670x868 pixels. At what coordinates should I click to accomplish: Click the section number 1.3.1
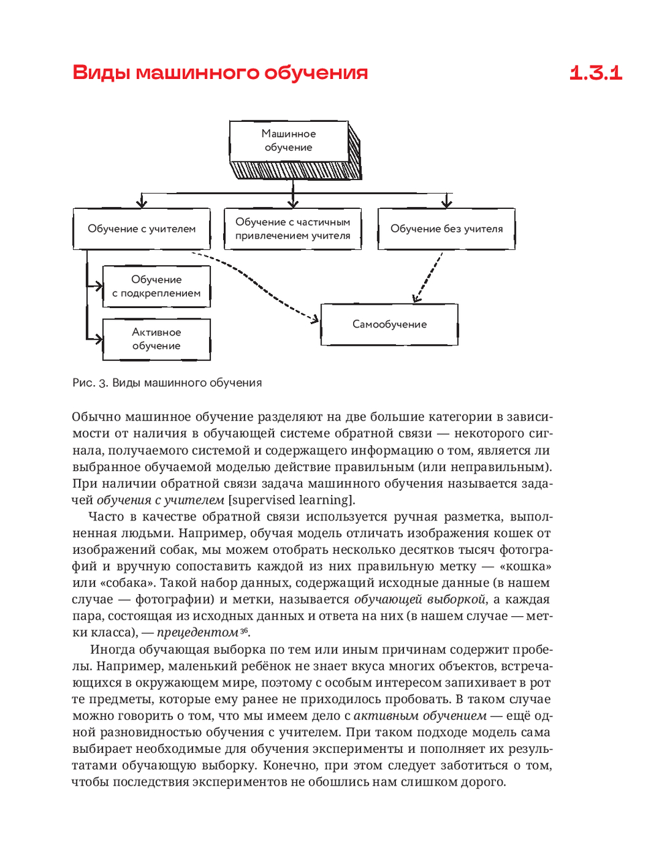[596, 72]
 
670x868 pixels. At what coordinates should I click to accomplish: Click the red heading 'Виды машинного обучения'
[220, 72]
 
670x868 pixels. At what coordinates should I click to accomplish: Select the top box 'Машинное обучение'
[289, 141]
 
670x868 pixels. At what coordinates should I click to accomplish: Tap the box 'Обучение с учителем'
[141, 229]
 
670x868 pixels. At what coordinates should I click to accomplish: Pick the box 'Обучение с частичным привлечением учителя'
[293, 229]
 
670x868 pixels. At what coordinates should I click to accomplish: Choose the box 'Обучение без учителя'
[446, 229]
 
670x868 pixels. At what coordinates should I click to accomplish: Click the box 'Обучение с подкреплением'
[156, 287]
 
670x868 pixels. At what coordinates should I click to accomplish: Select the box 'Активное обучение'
[156, 339]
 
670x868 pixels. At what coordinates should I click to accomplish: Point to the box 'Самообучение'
[389, 324]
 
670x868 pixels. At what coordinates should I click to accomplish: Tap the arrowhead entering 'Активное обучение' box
[98, 339]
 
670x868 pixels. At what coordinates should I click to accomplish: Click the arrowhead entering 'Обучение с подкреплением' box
[98, 286]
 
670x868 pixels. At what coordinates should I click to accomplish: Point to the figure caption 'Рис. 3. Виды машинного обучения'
[167, 383]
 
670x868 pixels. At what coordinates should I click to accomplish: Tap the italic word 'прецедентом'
[198, 632]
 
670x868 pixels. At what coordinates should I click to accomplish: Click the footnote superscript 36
[245, 630]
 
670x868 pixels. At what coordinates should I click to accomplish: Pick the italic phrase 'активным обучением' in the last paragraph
[420, 716]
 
